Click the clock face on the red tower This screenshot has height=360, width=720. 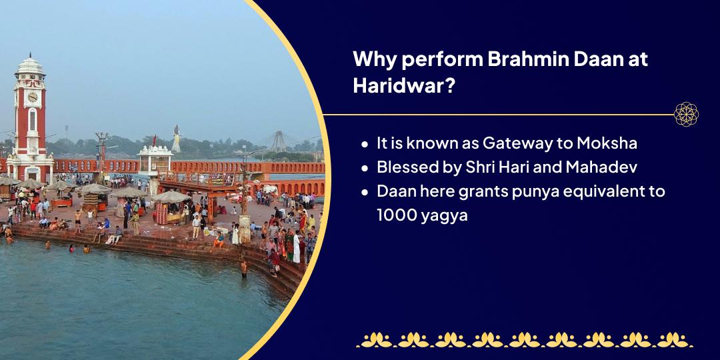(x=32, y=97)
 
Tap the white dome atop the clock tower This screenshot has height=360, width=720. (x=30, y=66)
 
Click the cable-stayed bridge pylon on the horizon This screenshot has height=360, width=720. (x=278, y=141)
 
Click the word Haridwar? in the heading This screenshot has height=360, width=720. (x=404, y=85)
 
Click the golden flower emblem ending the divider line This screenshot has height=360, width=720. (x=686, y=115)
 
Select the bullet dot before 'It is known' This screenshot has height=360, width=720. (x=365, y=144)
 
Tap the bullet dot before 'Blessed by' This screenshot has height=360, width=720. (x=365, y=168)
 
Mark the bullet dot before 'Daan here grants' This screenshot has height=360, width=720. (x=365, y=192)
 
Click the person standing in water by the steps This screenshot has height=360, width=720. (x=244, y=268)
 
